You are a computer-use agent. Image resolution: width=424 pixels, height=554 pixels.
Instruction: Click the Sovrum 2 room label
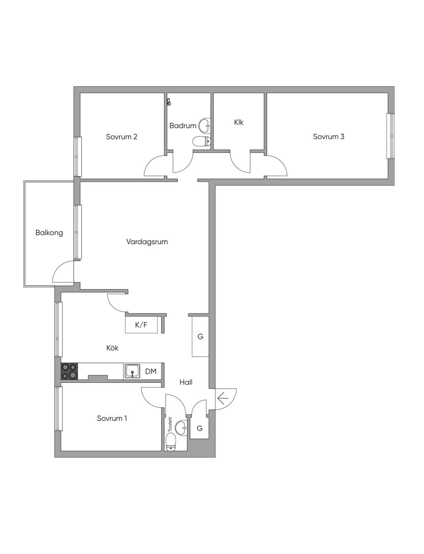click(x=121, y=137)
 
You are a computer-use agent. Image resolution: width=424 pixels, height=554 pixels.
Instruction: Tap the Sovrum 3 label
click(x=328, y=136)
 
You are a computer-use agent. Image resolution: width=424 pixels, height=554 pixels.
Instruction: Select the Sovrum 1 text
click(x=112, y=418)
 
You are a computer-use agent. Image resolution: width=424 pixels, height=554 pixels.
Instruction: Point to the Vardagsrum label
click(x=147, y=241)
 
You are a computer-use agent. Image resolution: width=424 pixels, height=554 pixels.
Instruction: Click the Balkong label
click(x=49, y=233)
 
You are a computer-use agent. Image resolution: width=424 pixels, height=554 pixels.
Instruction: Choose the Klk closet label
click(x=238, y=122)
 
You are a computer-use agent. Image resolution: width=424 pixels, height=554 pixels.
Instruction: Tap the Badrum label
click(x=183, y=125)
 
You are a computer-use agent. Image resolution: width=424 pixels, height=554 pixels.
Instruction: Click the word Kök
click(x=112, y=348)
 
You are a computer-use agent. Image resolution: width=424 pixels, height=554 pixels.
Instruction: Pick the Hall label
click(x=186, y=382)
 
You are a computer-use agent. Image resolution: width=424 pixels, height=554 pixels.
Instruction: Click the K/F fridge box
click(x=142, y=325)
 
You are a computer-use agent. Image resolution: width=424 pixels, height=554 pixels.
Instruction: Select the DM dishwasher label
click(x=151, y=372)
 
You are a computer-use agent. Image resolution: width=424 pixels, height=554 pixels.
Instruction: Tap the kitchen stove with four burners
click(x=69, y=371)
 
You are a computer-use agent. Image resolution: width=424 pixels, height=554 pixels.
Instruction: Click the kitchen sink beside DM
click(x=132, y=371)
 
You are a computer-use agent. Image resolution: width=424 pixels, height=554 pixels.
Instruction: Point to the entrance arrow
click(x=223, y=398)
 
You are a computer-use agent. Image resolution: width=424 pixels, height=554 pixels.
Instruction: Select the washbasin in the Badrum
click(x=205, y=125)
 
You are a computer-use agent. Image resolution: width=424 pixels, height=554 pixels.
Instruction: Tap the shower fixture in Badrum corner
click(x=169, y=102)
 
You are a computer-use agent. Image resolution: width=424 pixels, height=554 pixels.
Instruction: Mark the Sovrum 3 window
click(x=390, y=136)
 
